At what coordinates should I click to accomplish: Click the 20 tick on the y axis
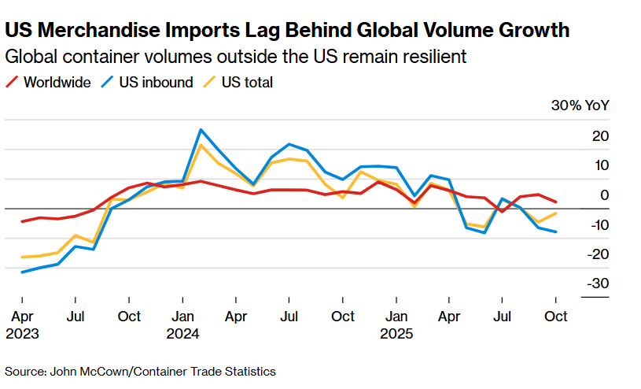(600, 136)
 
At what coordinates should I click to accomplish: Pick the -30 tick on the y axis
(598, 283)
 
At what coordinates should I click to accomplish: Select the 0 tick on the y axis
(604, 195)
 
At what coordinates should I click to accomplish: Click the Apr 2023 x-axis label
(22, 324)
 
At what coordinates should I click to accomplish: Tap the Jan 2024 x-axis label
(182, 324)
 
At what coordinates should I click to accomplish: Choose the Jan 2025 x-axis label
(396, 324)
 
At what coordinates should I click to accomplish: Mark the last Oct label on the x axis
(556, 316)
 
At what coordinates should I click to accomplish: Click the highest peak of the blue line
(201, 129)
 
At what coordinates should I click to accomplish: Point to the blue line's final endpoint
(556, 232)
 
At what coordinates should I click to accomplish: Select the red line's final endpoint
(556, 202)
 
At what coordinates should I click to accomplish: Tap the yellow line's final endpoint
(556, 213)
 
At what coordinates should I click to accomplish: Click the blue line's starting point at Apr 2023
(22, 272)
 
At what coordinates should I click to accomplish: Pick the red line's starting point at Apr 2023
(22, 221)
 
